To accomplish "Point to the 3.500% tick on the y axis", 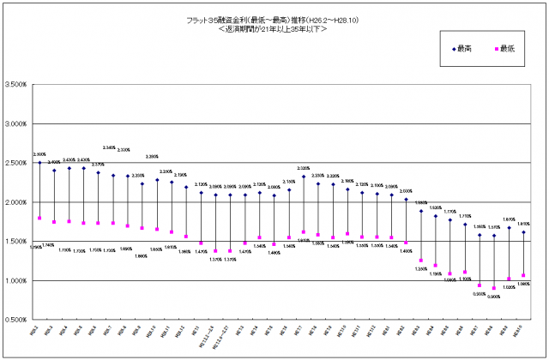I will (17, 85).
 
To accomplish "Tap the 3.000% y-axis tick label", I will (17, 123).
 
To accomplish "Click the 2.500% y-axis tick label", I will (17, 163).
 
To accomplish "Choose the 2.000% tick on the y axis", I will (17, 202).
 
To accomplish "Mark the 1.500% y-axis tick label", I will (17, 242).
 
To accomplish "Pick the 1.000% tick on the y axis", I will (17, 281).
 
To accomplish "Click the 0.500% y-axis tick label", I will (17, 320).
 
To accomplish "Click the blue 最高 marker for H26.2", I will (39, 163).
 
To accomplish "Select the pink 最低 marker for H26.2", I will (39, 218).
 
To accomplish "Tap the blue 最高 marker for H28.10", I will (523, 231).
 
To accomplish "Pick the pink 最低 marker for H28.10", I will (523, 276).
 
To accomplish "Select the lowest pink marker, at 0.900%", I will (494, 288).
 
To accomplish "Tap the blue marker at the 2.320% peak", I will (304, 177).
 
